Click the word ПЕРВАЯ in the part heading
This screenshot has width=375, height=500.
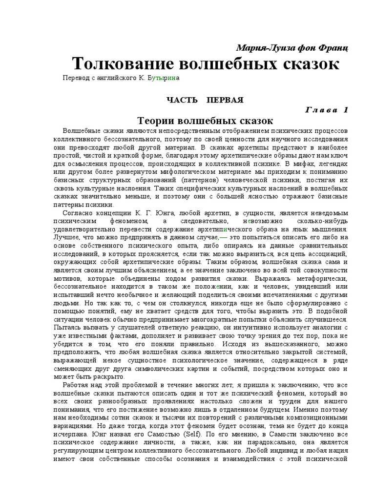click(225, 100)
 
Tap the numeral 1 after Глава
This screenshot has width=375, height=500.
click(346, 110)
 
